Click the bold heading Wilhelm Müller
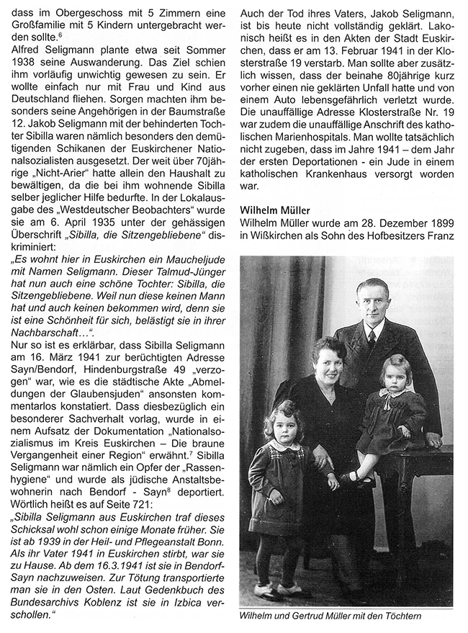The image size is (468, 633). tap(276, 209)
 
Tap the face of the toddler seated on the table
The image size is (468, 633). tap(395, 377)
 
